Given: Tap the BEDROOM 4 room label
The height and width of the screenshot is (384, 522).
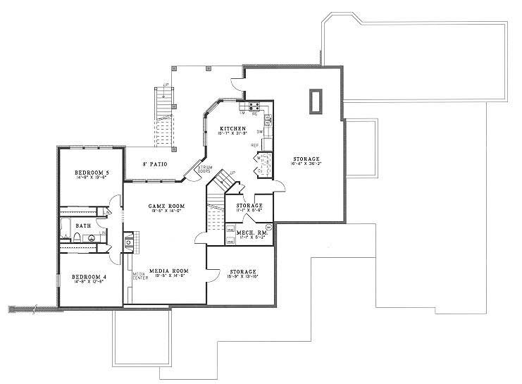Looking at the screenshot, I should tap(88, 277).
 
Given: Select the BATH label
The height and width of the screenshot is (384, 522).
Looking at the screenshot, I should tap(83, 225).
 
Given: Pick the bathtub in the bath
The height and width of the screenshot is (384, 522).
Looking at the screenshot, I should tap(66, 227).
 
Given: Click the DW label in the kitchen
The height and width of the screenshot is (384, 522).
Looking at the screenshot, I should tap(259, 132).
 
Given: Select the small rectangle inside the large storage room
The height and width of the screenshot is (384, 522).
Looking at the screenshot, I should tap(315, 101).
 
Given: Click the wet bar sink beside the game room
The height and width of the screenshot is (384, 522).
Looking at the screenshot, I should tap(128, 243).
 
